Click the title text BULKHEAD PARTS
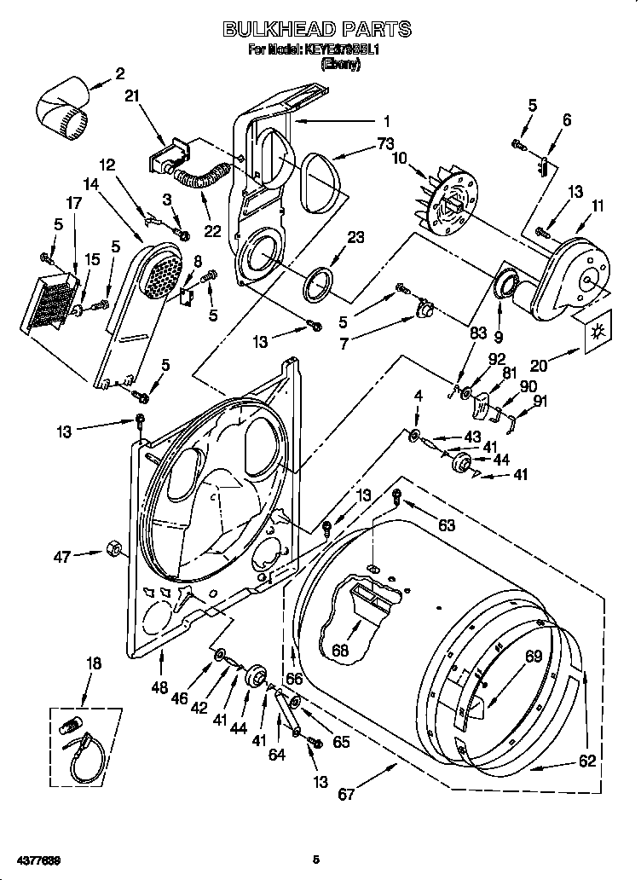[316, 30]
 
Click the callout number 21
[130, 96]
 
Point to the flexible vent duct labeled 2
[64, 109]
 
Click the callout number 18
[95, 663]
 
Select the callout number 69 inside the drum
[533, 657]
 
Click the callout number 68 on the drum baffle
[341, 651]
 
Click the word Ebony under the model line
[338, 64]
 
